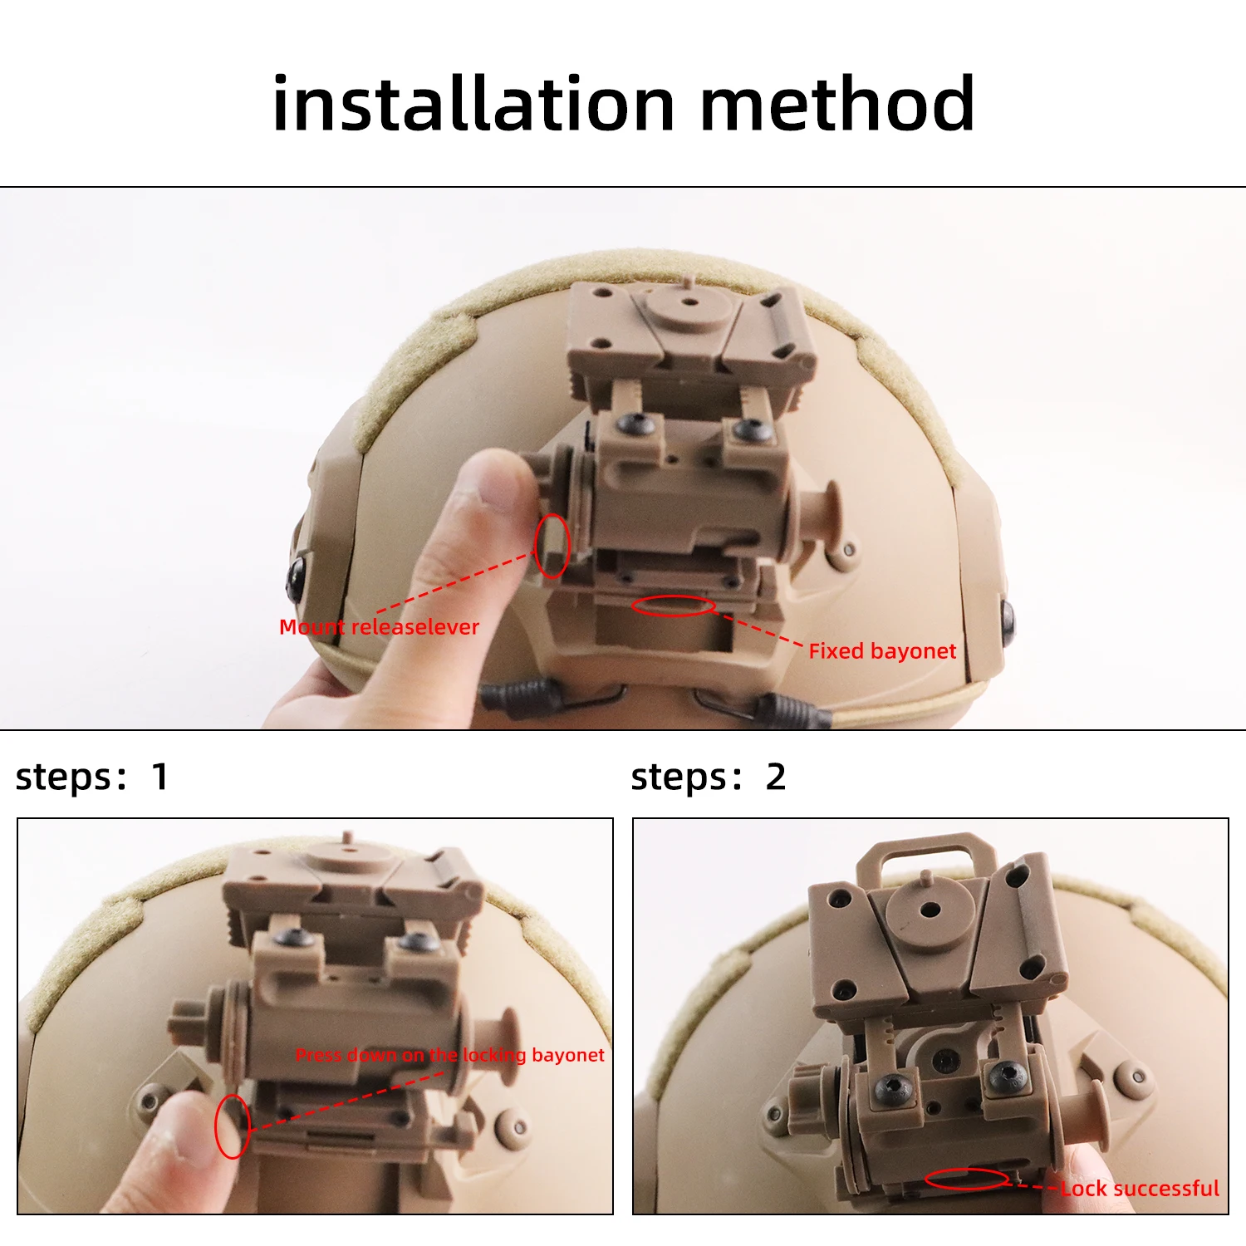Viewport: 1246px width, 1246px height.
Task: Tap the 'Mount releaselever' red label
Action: coord(379,626)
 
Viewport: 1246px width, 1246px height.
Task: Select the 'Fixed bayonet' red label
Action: coord(882,650)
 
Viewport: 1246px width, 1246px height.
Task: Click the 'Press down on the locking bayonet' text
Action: coord(450,1055)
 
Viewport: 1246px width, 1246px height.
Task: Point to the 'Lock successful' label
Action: coord(1140,1189)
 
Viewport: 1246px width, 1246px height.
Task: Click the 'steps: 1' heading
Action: coord(91,778)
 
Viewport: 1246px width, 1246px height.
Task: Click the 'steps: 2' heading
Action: coord(708,778)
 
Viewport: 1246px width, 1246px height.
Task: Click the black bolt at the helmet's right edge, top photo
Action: coord(1008,617)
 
